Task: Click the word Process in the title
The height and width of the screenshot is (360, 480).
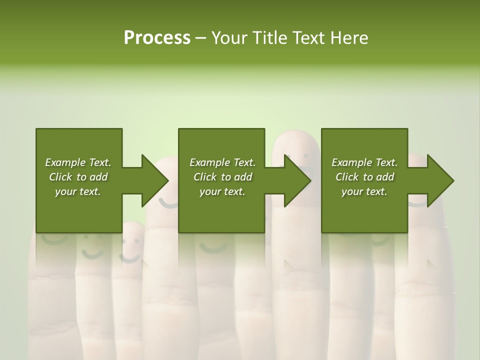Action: [157, 38]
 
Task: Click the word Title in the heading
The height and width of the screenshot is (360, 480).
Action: [268, 38]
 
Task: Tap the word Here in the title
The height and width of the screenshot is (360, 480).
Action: [349, 38]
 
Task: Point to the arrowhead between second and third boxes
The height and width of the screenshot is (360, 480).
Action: [297, 180]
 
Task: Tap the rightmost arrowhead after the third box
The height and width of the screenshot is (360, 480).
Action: [440, 180]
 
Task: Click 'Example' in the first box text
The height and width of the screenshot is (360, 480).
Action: [65, 162]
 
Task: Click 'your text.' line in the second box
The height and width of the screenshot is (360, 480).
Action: [222, 191]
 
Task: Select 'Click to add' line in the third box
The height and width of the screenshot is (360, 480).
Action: [364, 177]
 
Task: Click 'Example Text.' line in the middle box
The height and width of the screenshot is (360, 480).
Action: [222, 162]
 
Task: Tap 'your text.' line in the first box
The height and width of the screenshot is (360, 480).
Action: [77, 191]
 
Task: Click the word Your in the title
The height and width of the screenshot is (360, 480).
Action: [228, 38]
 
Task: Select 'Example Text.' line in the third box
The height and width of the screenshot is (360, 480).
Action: [364, 162]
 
